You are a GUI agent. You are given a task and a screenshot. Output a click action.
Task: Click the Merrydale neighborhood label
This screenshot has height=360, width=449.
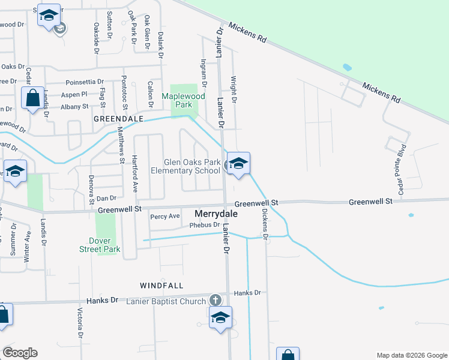tap(217, 214)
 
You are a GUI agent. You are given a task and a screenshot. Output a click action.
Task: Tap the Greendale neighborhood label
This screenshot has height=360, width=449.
tap(118, 119)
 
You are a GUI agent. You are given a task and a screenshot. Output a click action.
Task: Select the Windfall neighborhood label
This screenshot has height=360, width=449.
tap(161, 285)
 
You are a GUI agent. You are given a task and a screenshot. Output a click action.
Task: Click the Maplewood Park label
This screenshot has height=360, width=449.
tap(184, 100)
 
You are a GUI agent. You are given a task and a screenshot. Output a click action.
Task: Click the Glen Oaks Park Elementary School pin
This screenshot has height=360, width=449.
tap(238, 164)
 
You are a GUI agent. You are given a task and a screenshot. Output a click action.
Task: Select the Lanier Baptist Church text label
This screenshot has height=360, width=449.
tap(166, 301)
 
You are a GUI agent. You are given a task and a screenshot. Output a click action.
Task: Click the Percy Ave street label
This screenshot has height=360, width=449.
tap(165, 216)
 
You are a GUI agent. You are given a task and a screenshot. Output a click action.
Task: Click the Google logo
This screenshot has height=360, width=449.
tap(20, 353)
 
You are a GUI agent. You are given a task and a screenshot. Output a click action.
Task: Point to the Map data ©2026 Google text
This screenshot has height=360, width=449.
tap(411, 355)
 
